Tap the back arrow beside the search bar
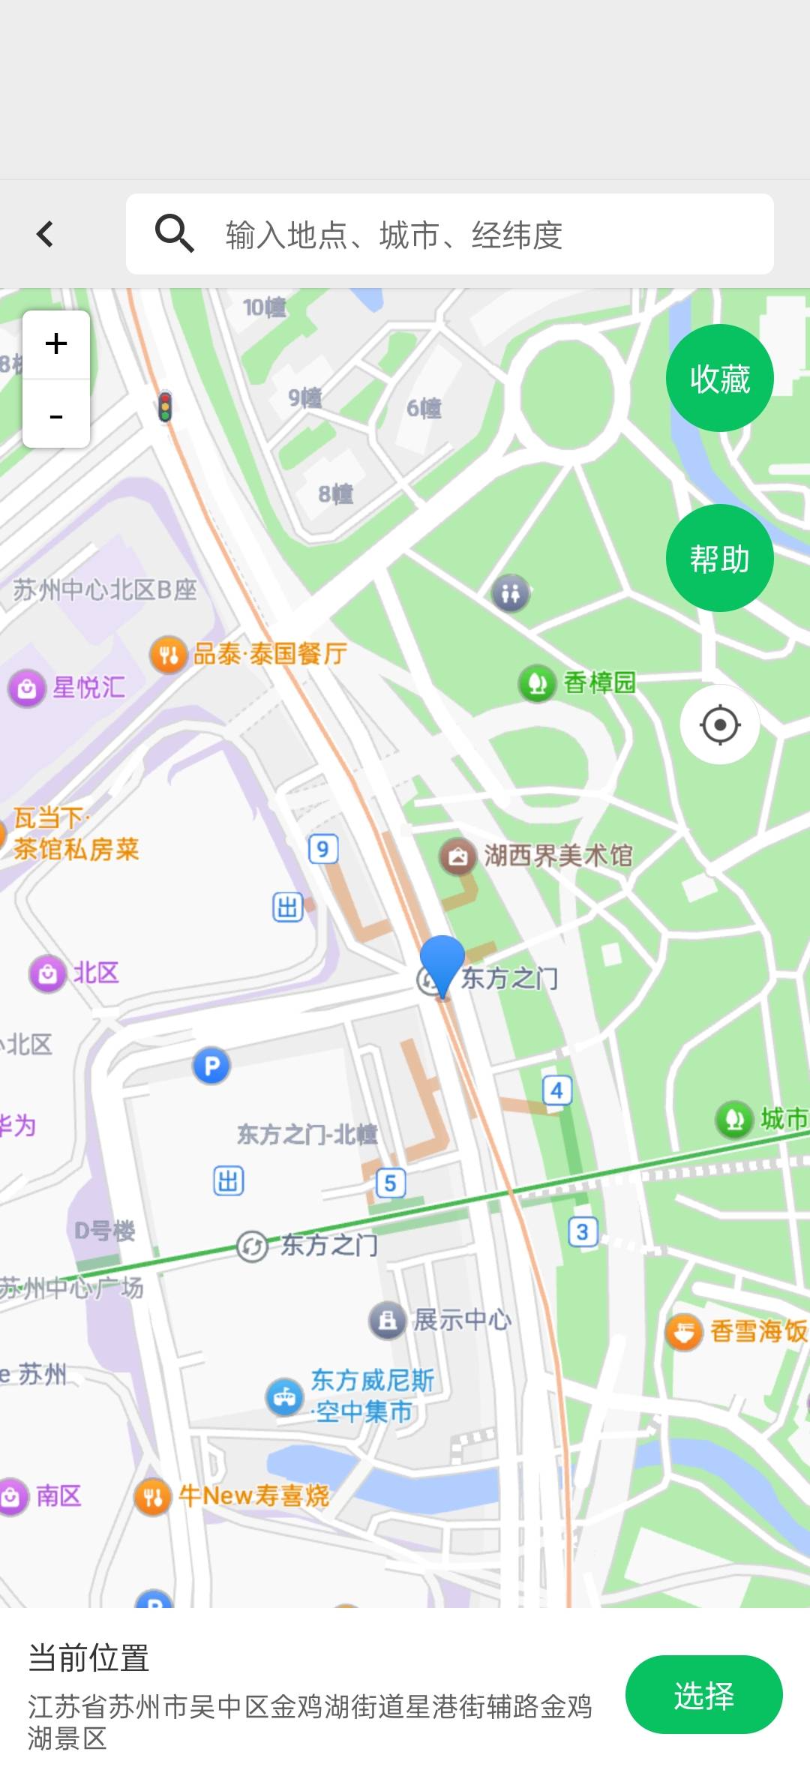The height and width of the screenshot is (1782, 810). pos(45,234)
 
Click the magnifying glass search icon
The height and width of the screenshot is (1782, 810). pos(174,233)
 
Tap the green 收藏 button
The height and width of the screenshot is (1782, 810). pos(719,378)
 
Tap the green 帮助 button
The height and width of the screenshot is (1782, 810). pos(719,559)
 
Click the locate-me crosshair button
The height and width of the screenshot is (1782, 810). pos(720,724)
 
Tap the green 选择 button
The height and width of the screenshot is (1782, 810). pos(703,1695)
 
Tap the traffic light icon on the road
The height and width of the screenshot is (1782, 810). pos(165,406)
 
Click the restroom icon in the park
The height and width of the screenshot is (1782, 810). pos(511,594)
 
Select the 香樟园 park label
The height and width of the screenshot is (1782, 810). pos(598,683)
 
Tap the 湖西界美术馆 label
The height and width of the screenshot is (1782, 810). pos(557,856)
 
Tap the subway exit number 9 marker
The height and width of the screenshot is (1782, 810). pos(323,849)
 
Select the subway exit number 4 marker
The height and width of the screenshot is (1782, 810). pos(556,1090)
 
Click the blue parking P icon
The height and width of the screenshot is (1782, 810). pos(211,1066)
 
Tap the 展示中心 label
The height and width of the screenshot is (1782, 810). pos(460,1320)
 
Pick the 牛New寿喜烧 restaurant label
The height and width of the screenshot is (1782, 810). pos(253,1495)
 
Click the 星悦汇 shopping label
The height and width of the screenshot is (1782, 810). pos(88,688)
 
